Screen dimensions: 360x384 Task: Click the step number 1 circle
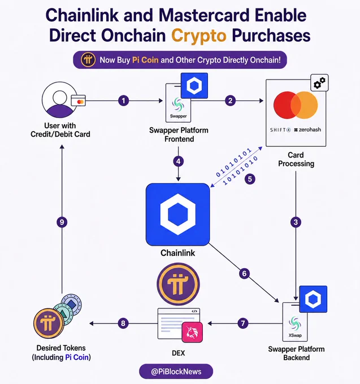[124, 101]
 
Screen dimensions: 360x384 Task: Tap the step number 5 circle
[250, 179]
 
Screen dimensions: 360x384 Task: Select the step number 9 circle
[62, 222]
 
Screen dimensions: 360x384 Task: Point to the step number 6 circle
[244, 273]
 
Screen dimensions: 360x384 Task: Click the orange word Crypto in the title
[199, 36]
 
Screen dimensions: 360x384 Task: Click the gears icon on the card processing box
[319, 83]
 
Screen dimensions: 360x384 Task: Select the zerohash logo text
[307, 129]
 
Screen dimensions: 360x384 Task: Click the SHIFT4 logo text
[280, 130]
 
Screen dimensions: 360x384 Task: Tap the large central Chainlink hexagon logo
[178, 214]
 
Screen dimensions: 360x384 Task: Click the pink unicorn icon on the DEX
[192, 332]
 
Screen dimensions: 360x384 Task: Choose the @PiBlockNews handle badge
[176, 372]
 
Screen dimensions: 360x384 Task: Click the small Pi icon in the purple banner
[88, 59]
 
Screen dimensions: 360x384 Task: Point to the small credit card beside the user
[78, 101]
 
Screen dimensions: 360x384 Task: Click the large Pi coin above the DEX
[178, 284]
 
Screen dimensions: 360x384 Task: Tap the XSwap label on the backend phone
[295, 335]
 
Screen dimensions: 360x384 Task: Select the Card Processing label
[296, 159]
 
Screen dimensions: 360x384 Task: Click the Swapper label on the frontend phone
[178, 116]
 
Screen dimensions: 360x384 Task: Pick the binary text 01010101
[233, 162]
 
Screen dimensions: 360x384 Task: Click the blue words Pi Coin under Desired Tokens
[77, 357]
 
